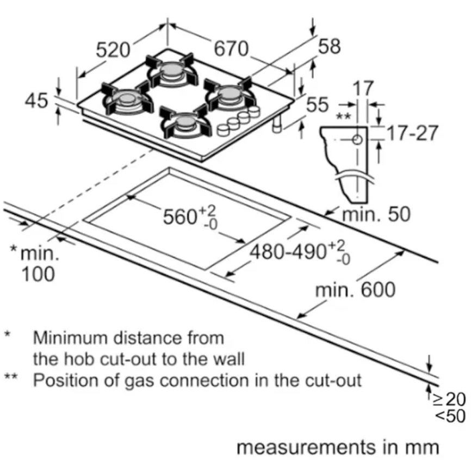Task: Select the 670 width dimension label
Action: coord(231,49)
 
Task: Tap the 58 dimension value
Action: coord(329,47)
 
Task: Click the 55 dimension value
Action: coord(318,104)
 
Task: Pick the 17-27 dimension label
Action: coord(412,133)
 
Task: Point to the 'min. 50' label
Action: coord(375,214)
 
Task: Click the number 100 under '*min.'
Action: coord(39,274)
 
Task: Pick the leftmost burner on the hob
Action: coord(126,100)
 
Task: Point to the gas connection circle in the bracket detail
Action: coord(357,140)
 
